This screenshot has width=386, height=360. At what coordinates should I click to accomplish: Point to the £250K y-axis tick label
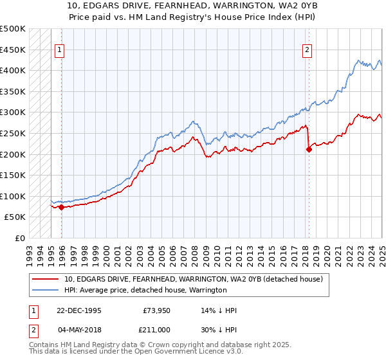(x=13, y=134)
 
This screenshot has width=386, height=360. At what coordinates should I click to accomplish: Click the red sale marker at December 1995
(x=62, y=207)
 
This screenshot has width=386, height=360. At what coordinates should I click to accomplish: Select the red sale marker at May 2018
(x=309, y=150)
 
